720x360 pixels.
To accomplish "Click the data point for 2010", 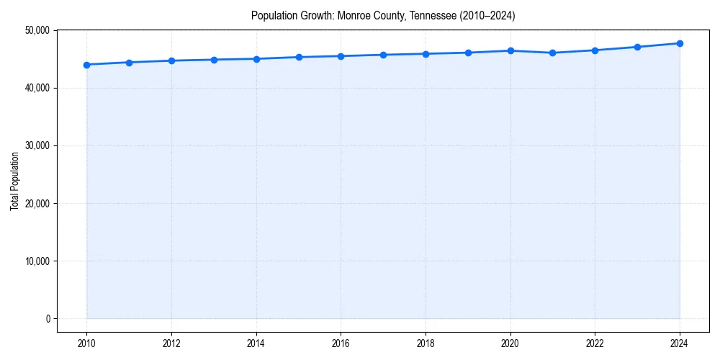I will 86,65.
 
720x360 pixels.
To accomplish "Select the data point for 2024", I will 680,43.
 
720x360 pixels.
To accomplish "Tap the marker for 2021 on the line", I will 552,53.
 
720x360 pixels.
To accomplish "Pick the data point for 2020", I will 510,50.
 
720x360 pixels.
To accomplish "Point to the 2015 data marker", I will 299,57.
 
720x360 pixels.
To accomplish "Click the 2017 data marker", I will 383,55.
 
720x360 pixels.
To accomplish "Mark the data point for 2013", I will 214,60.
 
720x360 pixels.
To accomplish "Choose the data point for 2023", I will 637,47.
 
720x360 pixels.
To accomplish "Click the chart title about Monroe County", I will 383,15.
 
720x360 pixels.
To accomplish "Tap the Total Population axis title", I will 14,181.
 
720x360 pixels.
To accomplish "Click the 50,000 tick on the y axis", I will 37,30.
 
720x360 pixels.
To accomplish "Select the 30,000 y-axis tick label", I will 37,145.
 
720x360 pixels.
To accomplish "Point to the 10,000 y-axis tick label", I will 37,261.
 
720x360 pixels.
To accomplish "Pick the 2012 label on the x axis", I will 171,343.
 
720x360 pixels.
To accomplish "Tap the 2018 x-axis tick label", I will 426,343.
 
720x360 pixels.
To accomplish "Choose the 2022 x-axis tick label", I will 595,343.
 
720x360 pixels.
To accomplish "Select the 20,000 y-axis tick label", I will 37,203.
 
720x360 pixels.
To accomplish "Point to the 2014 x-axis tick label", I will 256,343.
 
